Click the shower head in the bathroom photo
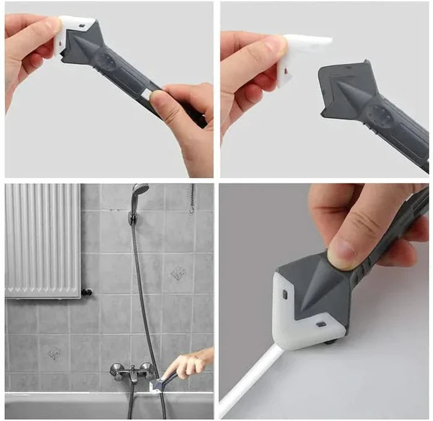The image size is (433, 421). pos(140,190)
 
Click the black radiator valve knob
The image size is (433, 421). pos(87,292)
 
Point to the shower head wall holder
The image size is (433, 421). pos(132,217)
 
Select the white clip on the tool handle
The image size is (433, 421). pos(146,93)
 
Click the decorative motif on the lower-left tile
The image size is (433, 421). pos(54,353)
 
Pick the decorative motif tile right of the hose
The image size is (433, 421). pos(178,273)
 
